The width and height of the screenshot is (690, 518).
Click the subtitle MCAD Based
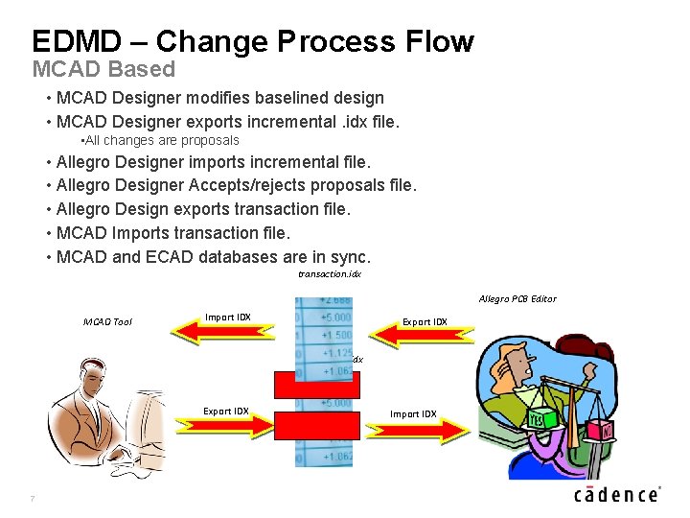point(103,69)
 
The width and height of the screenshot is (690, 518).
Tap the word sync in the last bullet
point(349,257)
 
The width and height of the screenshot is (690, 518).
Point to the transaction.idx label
point(329,274)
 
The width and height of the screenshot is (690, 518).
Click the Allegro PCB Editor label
point(517,299)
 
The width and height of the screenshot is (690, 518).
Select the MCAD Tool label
point(107,322)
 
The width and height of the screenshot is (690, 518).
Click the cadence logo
point(617,494)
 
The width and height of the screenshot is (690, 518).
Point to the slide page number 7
point(33,498)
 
